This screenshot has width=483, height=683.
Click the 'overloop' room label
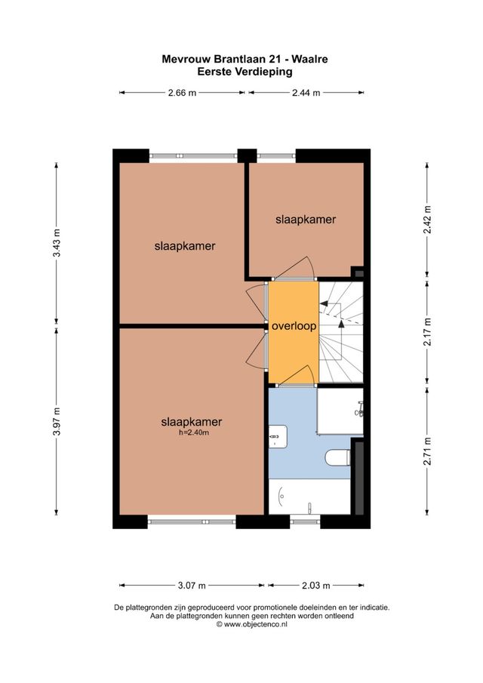point(294,327)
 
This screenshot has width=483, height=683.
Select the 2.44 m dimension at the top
point(305,93)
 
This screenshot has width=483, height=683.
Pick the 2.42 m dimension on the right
point(427,220)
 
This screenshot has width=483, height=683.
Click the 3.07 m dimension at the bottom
point(191,585)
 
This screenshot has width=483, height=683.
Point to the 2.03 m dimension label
point(315,585)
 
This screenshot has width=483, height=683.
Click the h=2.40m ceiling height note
point(191,432)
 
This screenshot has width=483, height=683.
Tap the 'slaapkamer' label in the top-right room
point(305,220)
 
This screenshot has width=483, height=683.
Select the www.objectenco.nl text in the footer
point(245,625)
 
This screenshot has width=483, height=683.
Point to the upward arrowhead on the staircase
point(341,322)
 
